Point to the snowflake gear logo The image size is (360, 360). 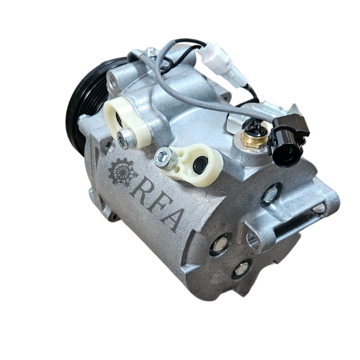click(x=123, y=172)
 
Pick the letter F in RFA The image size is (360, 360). click(x=157, y=207)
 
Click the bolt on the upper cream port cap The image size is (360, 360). click(x=126, y=139)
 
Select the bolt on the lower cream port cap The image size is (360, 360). click(x=166, y=158)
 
